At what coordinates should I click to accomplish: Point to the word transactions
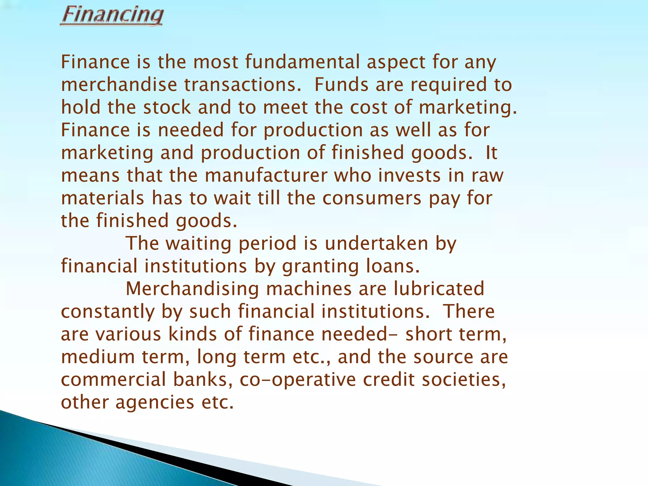coord(242,85)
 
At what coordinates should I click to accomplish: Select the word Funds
coord(341,84)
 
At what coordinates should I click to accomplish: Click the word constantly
coord(108,312)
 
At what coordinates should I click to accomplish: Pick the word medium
coord(98,357)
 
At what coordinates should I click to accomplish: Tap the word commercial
coord(113,380)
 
